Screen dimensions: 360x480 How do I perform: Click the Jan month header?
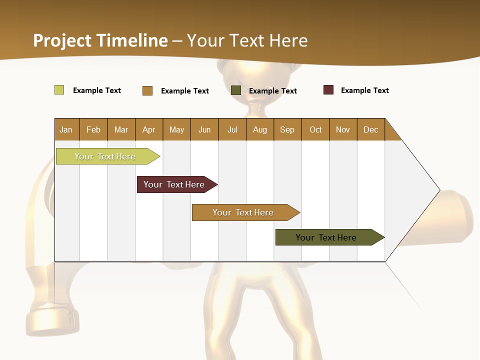[x=66, y=129]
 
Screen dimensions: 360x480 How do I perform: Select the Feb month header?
[x=93, y=129]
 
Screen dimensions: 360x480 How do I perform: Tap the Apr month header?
[x=149, y=129]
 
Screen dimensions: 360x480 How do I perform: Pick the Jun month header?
[x=204, y=129]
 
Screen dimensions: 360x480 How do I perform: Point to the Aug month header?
[x=260, y=129]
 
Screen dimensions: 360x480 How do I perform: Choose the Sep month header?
[x=287, y=129]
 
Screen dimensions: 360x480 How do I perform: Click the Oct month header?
[x=315, y=129]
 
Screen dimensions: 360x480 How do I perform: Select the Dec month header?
[x=371, y=129]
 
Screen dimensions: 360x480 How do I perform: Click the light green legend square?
[x=59, y=90]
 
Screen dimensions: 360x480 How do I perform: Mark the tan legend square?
[x=147, y=90]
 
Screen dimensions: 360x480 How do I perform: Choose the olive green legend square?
[x=236, y=90]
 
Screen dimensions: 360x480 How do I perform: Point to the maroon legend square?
[x=328, y=90]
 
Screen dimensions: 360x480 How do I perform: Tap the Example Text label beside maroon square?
[x=364, y=90]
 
